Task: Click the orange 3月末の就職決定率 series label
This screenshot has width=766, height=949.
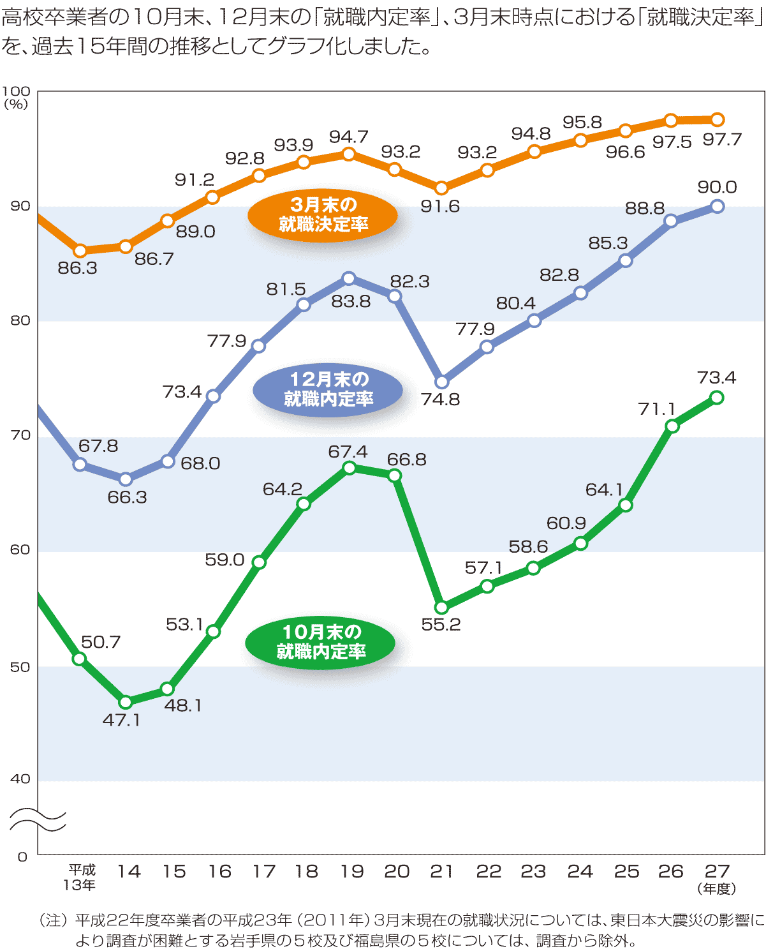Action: click(323, 215)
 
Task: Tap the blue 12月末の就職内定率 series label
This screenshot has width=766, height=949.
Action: click(328, 389)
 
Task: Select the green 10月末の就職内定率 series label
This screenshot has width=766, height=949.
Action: click(320, 642)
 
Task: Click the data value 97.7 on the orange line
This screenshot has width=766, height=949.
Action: click(722, 139)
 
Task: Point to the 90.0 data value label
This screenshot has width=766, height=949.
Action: click(717, 187)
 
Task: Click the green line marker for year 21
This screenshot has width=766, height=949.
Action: click(441, 608)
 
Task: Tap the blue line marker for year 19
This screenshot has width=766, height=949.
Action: click(349, 278)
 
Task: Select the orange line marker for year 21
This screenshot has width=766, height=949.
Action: click(441, 188)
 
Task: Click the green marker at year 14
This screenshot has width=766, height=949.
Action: click(126, 702)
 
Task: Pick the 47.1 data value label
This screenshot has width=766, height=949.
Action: click(121, 720)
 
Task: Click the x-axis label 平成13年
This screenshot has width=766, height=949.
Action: click(81, 877)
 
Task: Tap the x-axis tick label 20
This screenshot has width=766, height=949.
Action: click(396, 872)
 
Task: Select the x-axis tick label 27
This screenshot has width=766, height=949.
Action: click(717, 871)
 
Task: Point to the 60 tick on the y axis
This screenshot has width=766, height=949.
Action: click(20, 550)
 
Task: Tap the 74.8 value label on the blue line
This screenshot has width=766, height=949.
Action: click(440, 400)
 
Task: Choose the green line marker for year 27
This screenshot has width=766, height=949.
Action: click(716, 398)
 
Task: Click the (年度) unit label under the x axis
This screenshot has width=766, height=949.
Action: click(717, 888)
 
